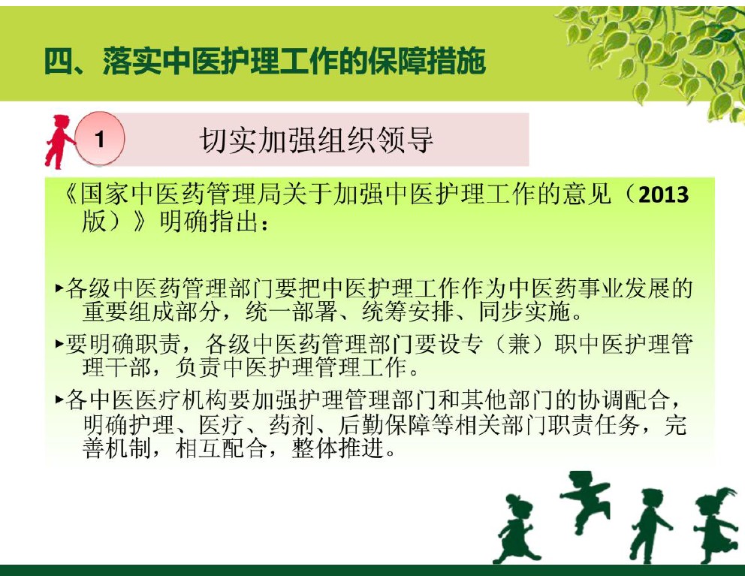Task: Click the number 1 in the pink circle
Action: coord(99,140)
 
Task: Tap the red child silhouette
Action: coord(59,142)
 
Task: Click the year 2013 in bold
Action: coord(664,195)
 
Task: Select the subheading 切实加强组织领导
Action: coord(316,140)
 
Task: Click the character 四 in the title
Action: coord(58,62)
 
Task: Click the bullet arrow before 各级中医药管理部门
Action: coord(59,288)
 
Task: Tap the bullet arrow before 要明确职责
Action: coord(59,343)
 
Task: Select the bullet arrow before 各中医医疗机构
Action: coord(59,400)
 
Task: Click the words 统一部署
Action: coord(291,312)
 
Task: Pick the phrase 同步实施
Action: coord(523,312)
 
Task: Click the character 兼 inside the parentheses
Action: coord(518,344)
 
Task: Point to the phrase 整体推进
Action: coord(337,448)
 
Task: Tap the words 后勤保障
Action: coord(384,424)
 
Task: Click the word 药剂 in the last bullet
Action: coord(291,424)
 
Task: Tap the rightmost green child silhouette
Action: coord(716,525)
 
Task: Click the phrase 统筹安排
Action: coord(407,312)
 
